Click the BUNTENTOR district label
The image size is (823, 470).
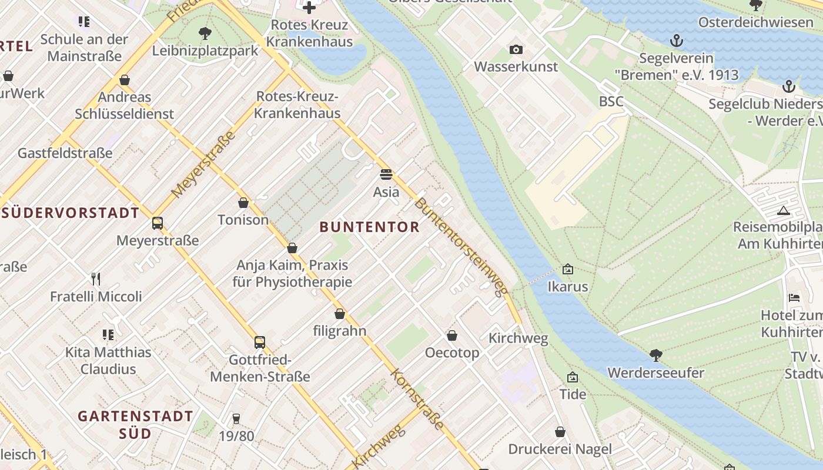[370, 227]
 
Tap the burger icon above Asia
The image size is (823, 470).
[386, 174]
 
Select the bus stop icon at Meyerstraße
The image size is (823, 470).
[157, 223]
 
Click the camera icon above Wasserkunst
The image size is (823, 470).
[516, 49]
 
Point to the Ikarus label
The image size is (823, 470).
[567, 287]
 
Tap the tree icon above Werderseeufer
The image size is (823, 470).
[655, 355]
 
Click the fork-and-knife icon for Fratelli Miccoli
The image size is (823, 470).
[96, 278]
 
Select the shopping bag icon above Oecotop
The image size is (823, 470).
[451, 335]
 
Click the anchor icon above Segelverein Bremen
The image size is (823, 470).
[676, 41]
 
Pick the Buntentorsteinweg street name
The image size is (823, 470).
[460, 247]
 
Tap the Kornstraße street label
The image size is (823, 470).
[416, 399]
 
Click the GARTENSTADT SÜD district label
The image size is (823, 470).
[135, 425]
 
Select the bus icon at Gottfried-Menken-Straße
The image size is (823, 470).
[259, 342]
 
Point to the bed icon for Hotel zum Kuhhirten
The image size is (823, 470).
[794, 298]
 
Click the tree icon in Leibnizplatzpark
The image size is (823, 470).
[205, 33]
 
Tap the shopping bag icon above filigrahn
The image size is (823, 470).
[339, 314]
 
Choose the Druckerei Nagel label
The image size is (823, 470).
[560, 449]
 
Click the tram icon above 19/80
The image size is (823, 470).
[236, 418]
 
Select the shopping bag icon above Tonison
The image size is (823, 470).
[243, 203]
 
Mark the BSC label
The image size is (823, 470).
[611, 102]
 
